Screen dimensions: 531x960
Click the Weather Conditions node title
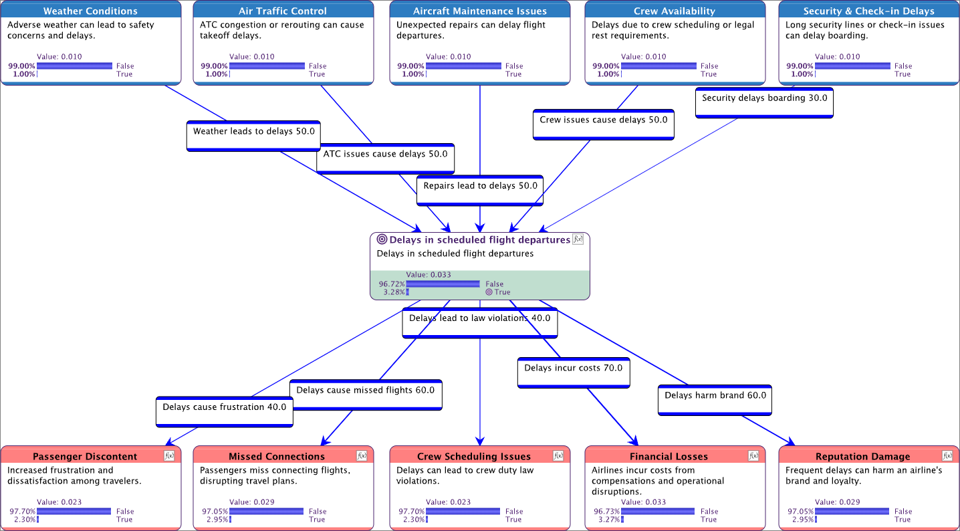[90, 11]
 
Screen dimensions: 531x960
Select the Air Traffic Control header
[283, 11]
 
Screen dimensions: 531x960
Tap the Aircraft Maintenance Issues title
[479, 11]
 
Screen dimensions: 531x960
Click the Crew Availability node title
[675, 11]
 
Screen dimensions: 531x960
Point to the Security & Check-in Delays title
[868, 11]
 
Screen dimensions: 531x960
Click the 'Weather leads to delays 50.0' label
[254, 132]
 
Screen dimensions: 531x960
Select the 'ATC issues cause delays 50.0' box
[385, 154]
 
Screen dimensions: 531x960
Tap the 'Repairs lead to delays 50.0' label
[480, 186]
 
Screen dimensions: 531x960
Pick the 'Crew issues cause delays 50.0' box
[604, 120]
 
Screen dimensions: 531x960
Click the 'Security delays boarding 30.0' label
[764, 98]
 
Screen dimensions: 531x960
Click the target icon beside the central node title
[382, 239]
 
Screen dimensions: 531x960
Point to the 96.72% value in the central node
[392, 284]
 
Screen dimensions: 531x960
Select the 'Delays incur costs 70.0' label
[573, 368]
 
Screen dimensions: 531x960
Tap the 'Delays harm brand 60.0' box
[715, 396]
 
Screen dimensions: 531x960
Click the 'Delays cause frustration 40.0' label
[225, 407]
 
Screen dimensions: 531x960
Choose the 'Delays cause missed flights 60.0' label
[365, 391]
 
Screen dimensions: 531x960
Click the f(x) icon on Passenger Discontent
[169, 455]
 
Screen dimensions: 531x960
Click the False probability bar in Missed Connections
[266, 512]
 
